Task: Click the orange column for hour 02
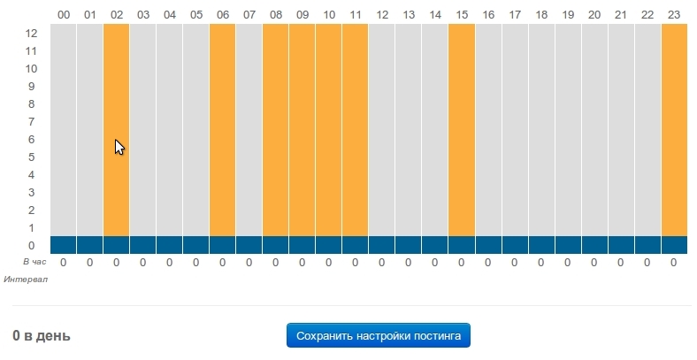pos(116,129)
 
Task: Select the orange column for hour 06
pos(222,129)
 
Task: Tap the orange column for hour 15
pos(462,129)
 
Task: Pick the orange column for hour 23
pos(674,129)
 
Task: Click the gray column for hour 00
pos(63,129)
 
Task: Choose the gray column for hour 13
pos(409,129)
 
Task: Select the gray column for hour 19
pos(568,129)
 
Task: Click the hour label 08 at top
pos(275,14)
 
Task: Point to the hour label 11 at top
pos(355,14)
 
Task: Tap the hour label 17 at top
pos(515,14)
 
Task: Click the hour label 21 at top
pos(621,14)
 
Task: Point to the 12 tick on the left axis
pos(31,33)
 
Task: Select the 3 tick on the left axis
pos(31,192)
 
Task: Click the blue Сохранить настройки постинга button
pos(378,336)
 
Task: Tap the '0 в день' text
pos(42,336)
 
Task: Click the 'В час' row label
pos(34,262)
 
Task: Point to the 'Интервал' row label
pos(26,280)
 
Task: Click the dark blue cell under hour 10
pos(328,245)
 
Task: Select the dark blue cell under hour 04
pos(169,245)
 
